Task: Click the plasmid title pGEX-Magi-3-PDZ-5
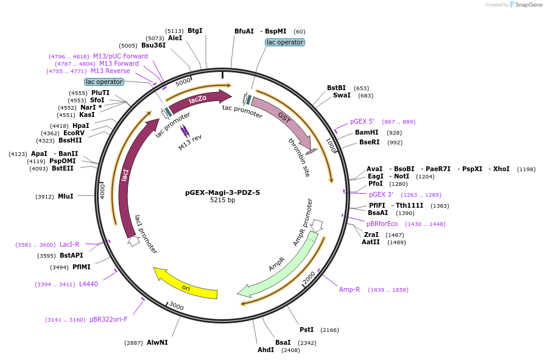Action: pyautogui.click(x=222, y=192)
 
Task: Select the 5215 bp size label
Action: pyautogui.click(x=222, y=200)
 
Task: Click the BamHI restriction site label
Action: pyautogui.click(x=367, y=132)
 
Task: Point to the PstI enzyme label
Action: pyautogui.click(x=306, y=330)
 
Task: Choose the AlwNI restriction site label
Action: pyautogui.click(x=157, y=343)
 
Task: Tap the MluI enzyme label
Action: pyautogui.click(x=65, y=196)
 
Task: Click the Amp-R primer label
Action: pyautogui.click(x=350, y=289)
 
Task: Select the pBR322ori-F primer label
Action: pyautogui.click(x=108, y=319)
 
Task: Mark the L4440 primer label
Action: pyautogui.click(x=88, y=284)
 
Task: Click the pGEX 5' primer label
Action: pyautogui.click(x=362, y=121)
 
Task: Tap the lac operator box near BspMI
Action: pyautogui.click(x=285, y=42)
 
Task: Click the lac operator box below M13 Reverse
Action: pyautogui.click(x=104, y=82)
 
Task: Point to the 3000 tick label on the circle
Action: pyautogui.click(x=176, y=305)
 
